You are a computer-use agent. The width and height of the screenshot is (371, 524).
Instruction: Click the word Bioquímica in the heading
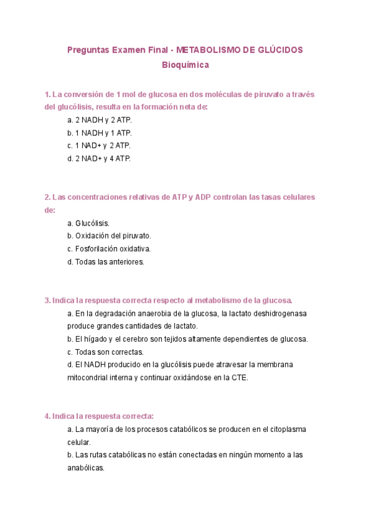pos(185,64)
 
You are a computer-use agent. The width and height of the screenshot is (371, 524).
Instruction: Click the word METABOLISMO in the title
pos(210,50)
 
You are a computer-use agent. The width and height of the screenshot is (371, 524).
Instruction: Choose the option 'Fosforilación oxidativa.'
pos(109,248)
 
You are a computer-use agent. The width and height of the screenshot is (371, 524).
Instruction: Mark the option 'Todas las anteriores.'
pos(106,262)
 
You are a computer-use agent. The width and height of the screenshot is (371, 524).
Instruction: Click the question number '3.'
pos(47,300)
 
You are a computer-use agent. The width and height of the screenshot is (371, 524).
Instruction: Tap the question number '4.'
pos(47,416)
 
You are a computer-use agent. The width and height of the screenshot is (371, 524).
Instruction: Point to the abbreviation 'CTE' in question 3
pos(239,378)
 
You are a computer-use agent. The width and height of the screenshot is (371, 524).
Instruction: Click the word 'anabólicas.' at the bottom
pos(86,468)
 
